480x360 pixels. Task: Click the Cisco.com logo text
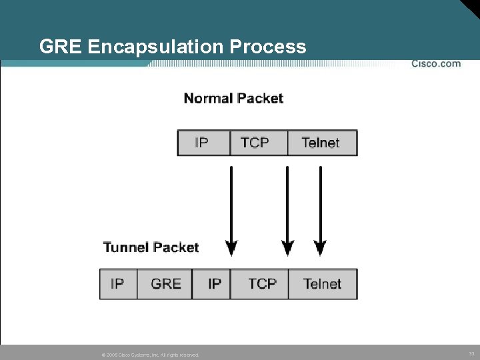click(x=435, y=64)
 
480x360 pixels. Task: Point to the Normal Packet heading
click(x=233, y=99)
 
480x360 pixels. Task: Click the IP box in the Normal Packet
click(x=203, y=143)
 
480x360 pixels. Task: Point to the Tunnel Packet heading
click(x=151, y=247)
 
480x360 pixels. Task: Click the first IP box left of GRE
click(x=118, y=284)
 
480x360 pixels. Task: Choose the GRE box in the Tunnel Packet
click(x=165, y=284)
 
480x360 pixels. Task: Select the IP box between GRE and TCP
click(x=214, y=284)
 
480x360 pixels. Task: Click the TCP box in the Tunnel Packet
click(x=261, y=284)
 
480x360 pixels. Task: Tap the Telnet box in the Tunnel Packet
click(x=323, y=284)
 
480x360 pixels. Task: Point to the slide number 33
click(x=471, y=353)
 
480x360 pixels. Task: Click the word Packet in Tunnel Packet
click(x=175, y=247)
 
